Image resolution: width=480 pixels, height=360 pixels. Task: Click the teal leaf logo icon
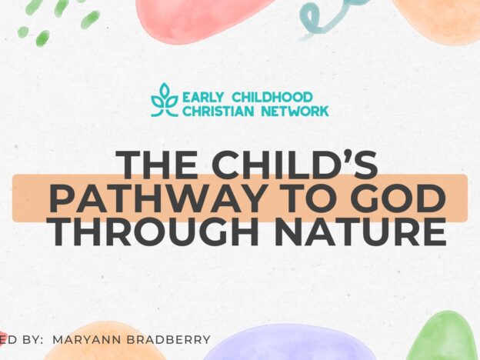163,100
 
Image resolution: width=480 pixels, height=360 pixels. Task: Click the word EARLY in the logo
204,97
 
